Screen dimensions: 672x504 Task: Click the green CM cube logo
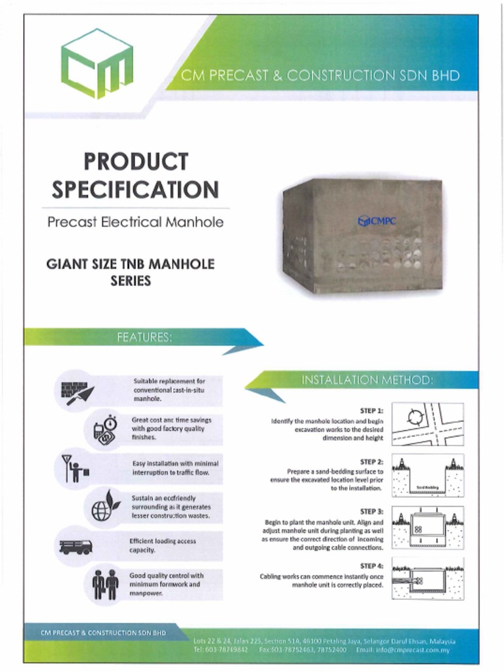point(97,64)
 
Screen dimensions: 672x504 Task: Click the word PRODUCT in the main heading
point(136,161)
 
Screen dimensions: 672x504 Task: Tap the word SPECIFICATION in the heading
point(135,190)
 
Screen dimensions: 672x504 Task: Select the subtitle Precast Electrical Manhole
point(135,222)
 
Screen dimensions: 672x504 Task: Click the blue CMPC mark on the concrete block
point(377,221)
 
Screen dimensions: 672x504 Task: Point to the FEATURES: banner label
point(144,337)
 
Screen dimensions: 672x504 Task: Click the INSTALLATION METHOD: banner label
point(367,380)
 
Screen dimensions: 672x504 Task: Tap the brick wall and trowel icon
point(77,391)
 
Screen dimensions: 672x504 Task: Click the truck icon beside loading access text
point(76,546)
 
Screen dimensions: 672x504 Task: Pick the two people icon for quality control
point(105,583)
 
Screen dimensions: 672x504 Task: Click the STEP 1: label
point(371,411)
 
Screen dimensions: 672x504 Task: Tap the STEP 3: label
point(371,512)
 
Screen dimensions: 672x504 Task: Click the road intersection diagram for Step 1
point(428,424)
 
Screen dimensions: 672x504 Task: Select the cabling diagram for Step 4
point(428,578)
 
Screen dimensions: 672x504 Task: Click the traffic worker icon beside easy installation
point(74,468)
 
